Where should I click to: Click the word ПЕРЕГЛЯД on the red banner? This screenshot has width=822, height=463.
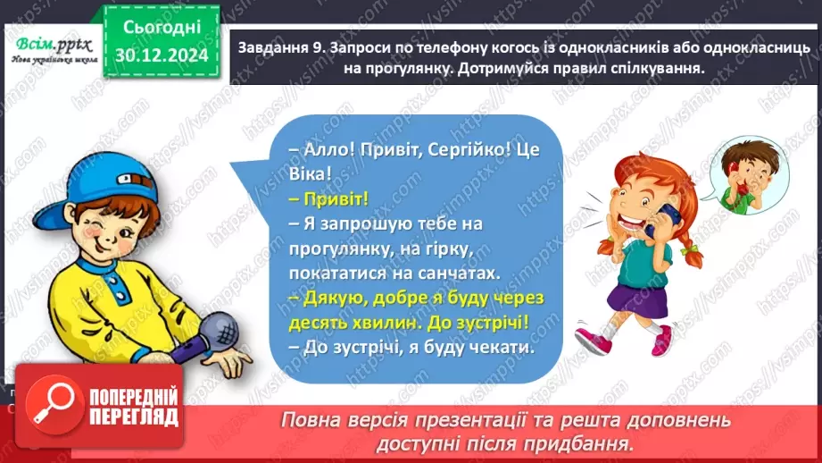pos(134,417)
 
